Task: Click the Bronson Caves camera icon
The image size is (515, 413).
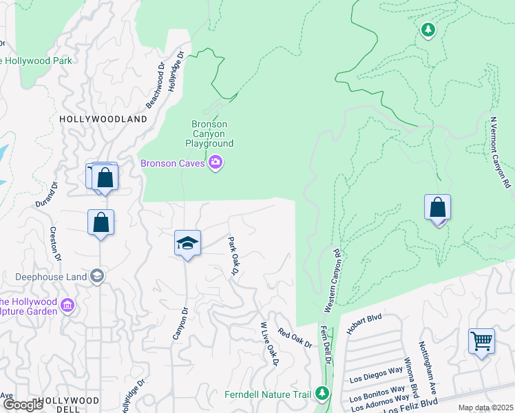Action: pos(216,163)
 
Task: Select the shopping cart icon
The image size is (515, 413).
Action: pos(481,341)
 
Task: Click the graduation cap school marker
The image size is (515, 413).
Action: pos(187,244)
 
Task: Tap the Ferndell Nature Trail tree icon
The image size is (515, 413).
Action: pos(322,394)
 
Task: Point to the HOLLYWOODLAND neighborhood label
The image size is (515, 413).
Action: pos(103,119)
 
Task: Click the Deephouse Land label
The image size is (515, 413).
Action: pos(52,277)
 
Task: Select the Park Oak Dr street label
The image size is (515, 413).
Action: pos(233,256)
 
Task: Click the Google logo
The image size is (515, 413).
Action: pos(23,405)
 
